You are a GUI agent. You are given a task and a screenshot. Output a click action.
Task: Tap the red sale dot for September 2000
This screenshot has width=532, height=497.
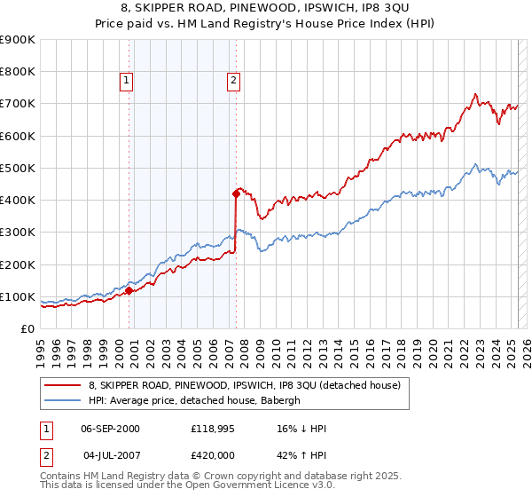click(x=129, y=289)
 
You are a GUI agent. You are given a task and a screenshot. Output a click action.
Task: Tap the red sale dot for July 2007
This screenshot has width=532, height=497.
click(x=236, y=193)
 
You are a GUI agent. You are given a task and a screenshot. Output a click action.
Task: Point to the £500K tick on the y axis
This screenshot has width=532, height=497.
click(x=18, y=168)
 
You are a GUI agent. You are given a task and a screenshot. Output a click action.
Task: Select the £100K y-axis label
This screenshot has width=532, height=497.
click(x=18, y=296)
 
